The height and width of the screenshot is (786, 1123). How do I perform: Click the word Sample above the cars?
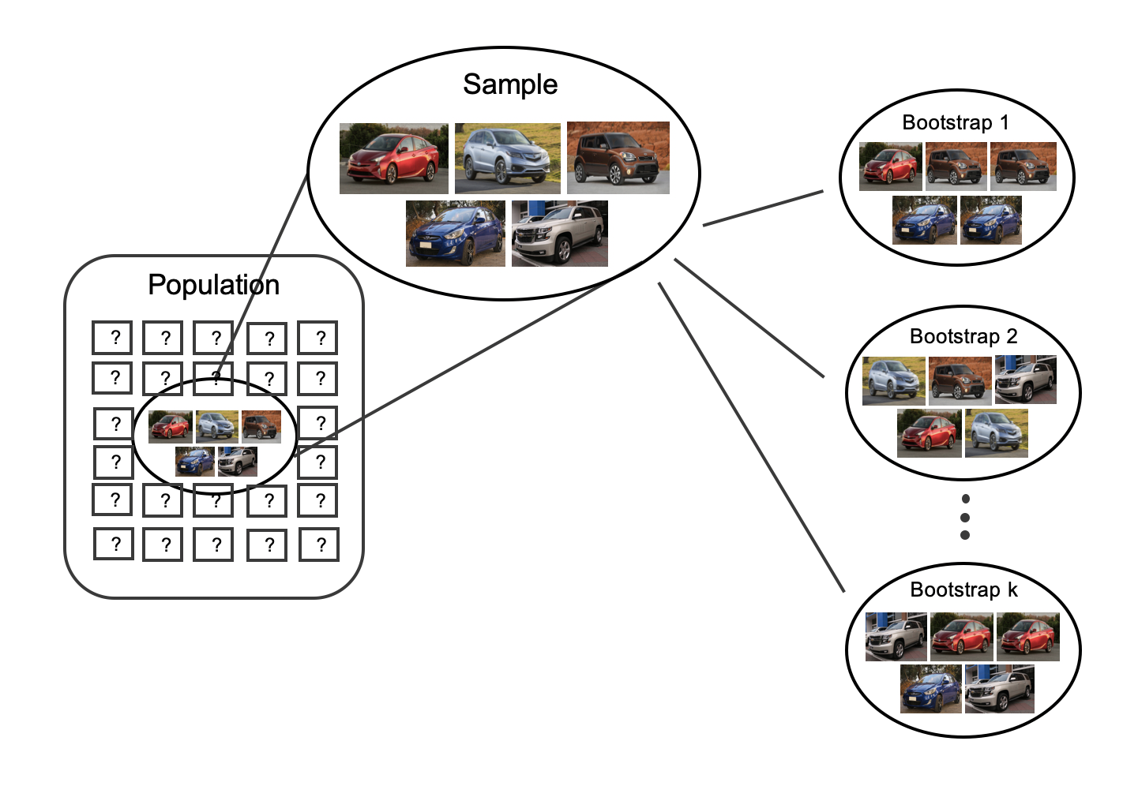[x=510, y=84]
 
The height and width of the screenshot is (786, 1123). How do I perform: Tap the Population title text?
[x=213, y=285]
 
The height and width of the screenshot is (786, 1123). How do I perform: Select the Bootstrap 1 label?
[x=955, y=122]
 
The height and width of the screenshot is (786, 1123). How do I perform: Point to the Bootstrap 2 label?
[x=963, y=336]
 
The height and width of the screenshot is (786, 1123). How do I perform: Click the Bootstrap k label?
[x=963, y=589]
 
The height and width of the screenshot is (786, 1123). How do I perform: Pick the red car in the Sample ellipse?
[x=393, y=159]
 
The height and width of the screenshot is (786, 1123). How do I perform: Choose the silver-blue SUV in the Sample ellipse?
[x=507, y=159]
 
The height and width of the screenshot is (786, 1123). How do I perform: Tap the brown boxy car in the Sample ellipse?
[x=618, y=158]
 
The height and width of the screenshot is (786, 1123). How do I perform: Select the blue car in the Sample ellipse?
[x=456, y=234]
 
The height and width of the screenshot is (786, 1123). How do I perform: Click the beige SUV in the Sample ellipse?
[x=559, y=234]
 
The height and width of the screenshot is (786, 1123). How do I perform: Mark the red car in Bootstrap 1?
[x=890, y=167]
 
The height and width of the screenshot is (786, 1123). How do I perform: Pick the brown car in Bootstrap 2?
[x=960, y=380]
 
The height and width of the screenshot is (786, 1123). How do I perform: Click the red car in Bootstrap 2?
[x=929, y=433]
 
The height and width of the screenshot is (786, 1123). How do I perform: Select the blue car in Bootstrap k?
[x=930, y=689]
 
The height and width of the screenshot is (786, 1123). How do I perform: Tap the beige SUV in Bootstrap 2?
[x=1025, y=380]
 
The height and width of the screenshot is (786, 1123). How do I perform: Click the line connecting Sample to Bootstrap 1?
[x=763, y=208]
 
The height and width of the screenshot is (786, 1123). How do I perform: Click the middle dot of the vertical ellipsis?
[x=964, y=518]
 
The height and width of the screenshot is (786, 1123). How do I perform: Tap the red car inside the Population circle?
[x=170, y=427]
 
